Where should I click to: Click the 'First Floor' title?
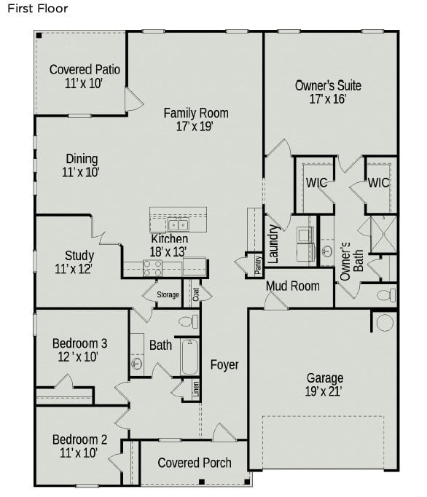37,9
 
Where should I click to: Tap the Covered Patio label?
85,70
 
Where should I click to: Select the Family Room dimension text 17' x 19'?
195,127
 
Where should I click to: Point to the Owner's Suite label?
328,86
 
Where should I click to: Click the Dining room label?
82,159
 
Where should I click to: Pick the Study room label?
79,256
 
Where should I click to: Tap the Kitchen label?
169,239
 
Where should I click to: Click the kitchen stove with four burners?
152,268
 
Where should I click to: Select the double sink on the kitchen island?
177,224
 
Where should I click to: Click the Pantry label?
258,266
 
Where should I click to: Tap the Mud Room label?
292,286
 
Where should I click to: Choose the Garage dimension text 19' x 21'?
324,391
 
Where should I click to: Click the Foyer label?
224,364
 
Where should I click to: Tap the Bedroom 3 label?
79,343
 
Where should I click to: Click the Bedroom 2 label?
79,439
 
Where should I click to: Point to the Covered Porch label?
195,463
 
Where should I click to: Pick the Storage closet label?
168,295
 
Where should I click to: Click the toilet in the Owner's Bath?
385,295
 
